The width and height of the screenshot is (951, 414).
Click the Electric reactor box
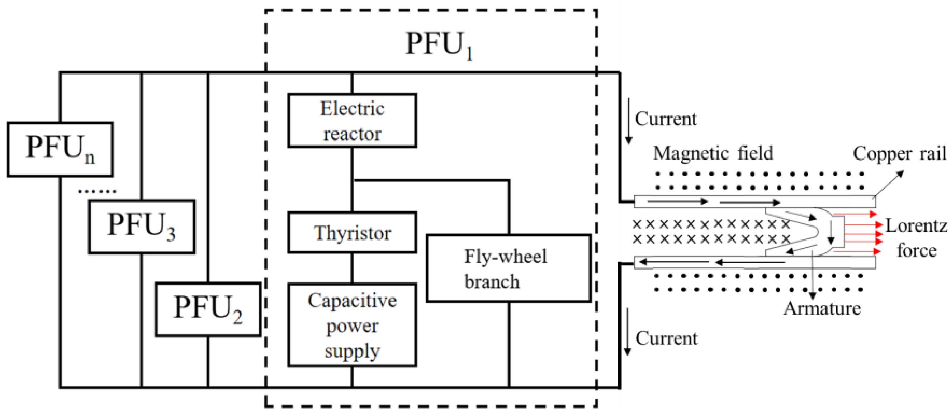coord(352,121)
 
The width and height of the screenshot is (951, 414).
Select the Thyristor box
coord(352,233)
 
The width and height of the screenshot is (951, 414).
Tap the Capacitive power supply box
coord(352,325)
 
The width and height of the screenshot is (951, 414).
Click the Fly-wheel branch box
coord(508,268)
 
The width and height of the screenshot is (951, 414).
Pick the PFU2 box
coord(208,309)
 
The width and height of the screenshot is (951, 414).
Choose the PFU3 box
coord(141,227)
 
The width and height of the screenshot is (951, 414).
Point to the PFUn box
coord(60,149)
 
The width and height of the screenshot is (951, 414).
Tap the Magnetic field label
coord(713,153)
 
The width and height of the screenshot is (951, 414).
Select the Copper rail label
coord(899,153)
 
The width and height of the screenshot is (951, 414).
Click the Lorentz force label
coord(916,238)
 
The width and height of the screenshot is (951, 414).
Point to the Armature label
coord(822,309)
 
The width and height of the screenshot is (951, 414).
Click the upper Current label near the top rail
coord(666,119)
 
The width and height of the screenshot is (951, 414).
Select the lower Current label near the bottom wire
coord(666,338)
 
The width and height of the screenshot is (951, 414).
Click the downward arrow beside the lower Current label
coord(627,332)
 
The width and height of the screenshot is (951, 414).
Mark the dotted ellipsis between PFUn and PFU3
coord(97,191)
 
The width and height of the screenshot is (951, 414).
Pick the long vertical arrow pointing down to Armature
coord(812,273)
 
